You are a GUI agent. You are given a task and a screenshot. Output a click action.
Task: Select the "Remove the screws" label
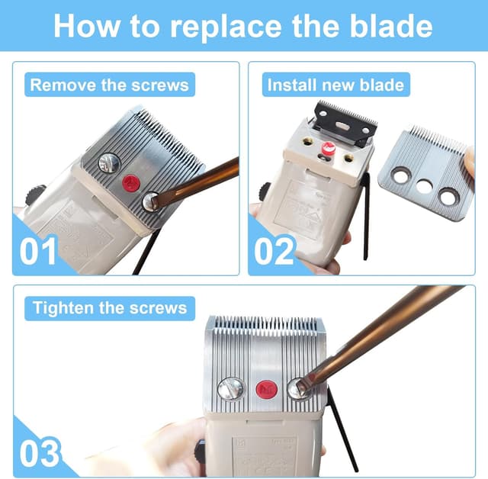pos(109,84)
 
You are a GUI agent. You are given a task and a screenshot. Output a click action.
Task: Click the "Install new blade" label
pos(335,84)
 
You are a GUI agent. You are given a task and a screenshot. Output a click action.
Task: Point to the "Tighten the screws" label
pos(109,308)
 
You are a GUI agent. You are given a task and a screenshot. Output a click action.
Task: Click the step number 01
pos(38,252)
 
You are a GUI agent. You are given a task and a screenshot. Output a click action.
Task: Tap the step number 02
pos(274,252)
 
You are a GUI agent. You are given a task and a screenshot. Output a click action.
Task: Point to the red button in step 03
pos(265,389)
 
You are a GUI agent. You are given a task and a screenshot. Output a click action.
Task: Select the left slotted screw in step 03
pos(230,389)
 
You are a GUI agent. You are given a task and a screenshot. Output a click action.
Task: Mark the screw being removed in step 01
pos(151,201)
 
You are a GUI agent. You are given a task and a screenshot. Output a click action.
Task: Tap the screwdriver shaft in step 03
pos(381,336)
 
